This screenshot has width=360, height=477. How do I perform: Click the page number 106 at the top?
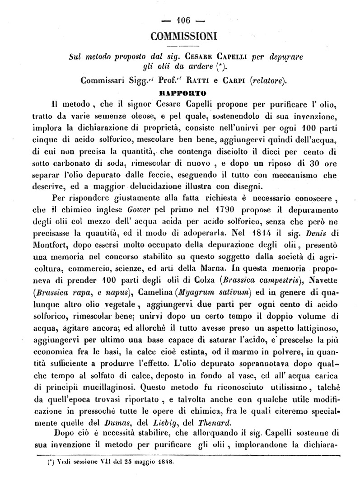[x=185, y=20]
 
